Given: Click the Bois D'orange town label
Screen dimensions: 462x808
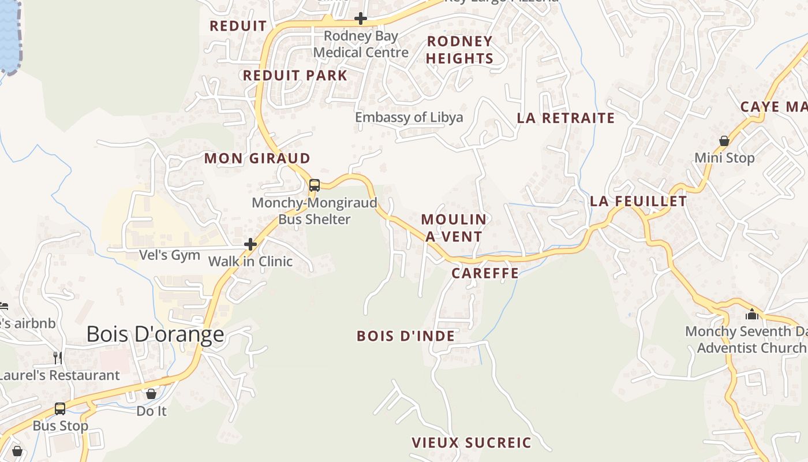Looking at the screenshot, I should (155, 334).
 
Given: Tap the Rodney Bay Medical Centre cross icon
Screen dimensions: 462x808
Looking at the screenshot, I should (361, 18).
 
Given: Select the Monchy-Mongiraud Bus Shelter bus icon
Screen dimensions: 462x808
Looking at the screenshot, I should (315, 185).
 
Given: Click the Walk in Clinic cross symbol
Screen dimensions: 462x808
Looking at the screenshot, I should (250, 244).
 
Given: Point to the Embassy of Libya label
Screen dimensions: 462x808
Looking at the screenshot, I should (409, 117).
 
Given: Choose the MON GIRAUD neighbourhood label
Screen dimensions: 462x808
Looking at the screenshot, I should (257, 158).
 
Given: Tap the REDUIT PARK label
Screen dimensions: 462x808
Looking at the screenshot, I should (295, 75).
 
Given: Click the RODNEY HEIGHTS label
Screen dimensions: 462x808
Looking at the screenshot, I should (460, 50).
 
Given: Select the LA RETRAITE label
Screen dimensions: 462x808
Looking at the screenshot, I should (566, 118).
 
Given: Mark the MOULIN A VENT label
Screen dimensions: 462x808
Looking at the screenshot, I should (454, 228).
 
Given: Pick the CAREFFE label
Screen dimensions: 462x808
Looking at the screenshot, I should (485, 273).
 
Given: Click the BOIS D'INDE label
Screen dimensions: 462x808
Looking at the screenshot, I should (406, 336).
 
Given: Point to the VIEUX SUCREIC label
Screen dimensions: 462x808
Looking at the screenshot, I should (471, 443).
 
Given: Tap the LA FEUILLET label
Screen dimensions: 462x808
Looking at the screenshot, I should (638, 202).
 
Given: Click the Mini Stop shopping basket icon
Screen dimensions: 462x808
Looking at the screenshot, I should (724, 141).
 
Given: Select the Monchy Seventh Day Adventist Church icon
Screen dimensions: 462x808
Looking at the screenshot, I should (751, 315).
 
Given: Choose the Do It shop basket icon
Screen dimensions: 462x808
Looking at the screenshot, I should (151, 394).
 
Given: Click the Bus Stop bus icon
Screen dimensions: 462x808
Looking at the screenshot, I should (60, 409).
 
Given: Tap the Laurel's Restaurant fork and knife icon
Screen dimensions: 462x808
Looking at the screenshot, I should (58, 358).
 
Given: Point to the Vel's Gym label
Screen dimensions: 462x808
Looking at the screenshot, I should (170, 255).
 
